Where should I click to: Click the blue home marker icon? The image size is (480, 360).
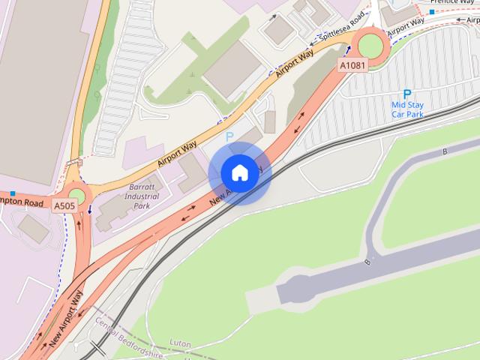coord(239,173)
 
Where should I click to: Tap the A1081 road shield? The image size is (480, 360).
coord(352,66)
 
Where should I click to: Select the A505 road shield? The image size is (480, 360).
coord(64,204)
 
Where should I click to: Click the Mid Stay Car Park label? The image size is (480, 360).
coord(407,110)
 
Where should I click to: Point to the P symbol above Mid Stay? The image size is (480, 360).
coord(407,94)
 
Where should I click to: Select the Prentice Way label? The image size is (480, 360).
coord(453,2)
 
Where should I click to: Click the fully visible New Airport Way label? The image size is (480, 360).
coord(66,319)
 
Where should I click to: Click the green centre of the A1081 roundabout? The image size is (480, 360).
coord(370,46)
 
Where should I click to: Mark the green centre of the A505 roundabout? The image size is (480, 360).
coord(76,196)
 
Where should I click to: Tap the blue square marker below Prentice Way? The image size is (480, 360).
coord(432,12)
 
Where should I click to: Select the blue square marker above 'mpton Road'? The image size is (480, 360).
coord(13,193)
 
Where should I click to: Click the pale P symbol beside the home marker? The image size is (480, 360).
coord(229,136)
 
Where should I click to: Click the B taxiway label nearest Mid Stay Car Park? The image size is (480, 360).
coord(445,151)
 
